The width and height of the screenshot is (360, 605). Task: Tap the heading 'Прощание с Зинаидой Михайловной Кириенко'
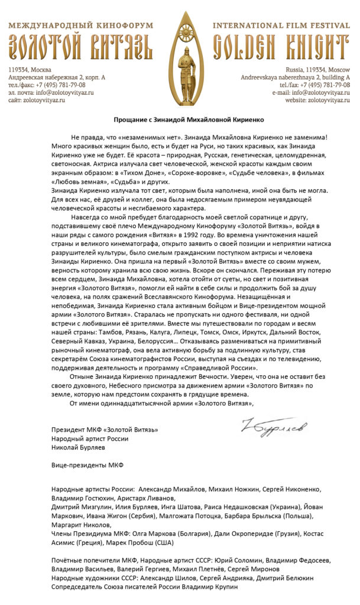pos(180,119)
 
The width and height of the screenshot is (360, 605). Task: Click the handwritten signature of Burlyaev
pos(274,425)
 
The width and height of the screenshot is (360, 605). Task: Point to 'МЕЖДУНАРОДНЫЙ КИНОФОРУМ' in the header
pos(81,26)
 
